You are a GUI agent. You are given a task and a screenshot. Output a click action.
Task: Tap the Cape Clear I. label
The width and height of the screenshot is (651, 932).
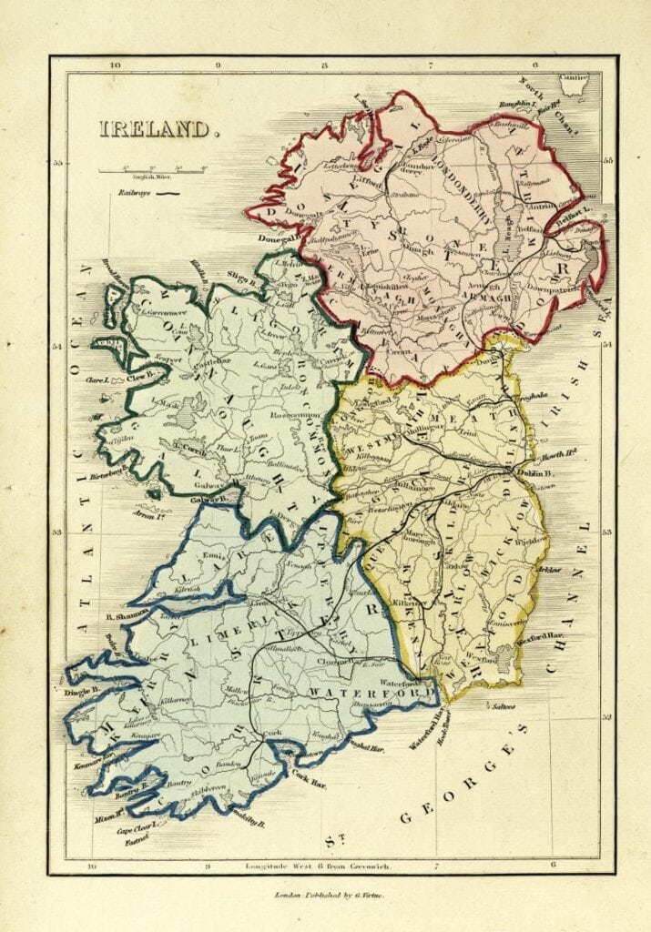pyautogui.click(x=137, y=831)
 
